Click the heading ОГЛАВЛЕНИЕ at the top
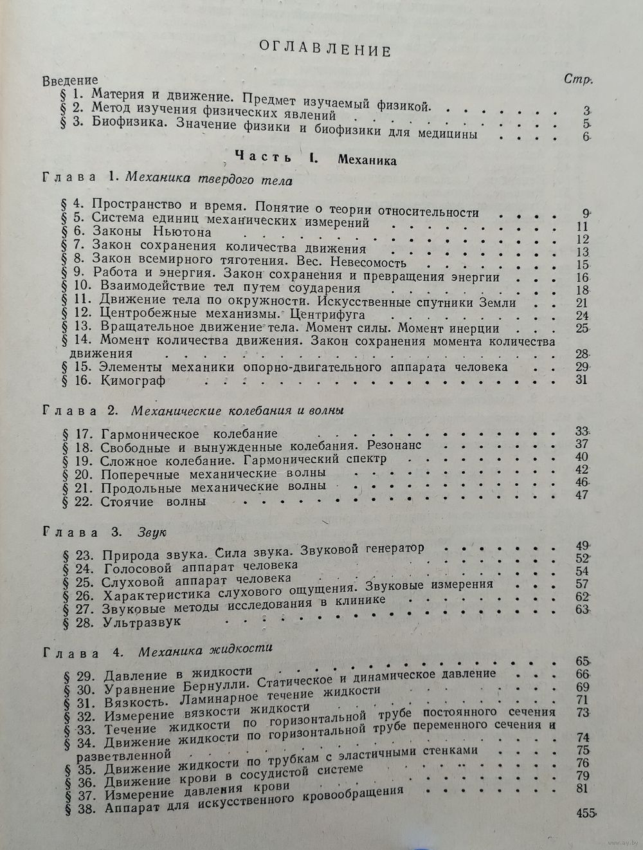coord(324,50)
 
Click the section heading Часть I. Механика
coord(315,158)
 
